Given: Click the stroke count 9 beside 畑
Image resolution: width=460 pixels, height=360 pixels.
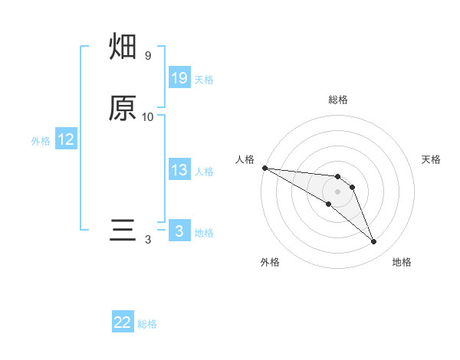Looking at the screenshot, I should [x=147, y=56].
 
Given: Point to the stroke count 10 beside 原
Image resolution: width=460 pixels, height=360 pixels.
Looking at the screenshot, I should [x=148, y=116].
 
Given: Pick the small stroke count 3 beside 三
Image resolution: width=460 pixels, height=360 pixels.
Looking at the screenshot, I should [x=148, y=240].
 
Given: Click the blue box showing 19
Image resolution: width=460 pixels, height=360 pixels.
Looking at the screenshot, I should [x=179, y=78].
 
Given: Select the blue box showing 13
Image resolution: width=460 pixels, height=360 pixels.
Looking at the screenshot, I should [x=179, y=170].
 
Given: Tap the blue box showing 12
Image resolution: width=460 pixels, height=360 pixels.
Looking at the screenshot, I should [x=66, y=139].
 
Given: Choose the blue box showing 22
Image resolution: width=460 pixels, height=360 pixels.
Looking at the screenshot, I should [x=123, y=322].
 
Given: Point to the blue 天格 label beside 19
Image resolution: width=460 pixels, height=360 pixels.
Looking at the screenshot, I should [x=204, y=79].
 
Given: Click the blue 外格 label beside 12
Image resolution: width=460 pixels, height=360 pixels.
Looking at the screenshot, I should [x=41, y=140].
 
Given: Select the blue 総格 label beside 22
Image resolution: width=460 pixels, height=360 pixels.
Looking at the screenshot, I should [x=147, y=323].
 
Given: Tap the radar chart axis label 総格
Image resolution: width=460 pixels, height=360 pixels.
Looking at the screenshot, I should [x=337, y=100].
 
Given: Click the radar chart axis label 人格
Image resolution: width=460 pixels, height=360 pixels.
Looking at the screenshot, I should [x=245, y=159].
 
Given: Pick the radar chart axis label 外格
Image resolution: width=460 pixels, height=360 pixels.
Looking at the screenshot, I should [x=269, y=262].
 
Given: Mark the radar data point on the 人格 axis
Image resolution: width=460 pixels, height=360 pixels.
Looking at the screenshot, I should [x=264, y=168].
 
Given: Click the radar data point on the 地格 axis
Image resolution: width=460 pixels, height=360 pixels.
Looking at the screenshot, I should [x=374, y=242].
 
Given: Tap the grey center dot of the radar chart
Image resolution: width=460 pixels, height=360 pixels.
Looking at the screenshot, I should [x=337, y=191].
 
